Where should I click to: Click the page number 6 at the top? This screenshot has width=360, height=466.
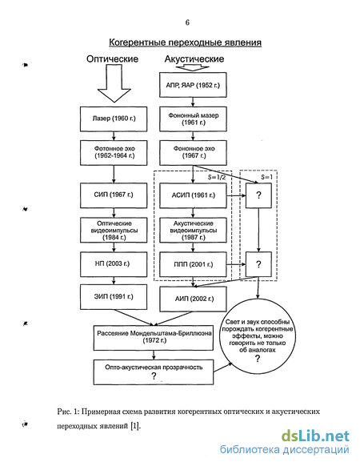(x=187, y=22)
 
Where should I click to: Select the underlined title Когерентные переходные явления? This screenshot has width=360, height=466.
(x=185, y=42)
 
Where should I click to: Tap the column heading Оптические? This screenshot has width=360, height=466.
(x=112, y=58)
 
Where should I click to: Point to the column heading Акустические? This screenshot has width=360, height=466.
(x=194, y=58)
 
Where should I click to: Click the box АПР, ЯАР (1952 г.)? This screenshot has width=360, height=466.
(x=193, y=85)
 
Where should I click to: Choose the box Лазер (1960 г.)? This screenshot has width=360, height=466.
(x=114, y=119)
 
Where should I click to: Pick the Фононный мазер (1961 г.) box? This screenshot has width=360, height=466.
(x=193, y=119)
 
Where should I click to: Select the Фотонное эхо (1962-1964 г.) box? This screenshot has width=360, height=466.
(x=114, y=153)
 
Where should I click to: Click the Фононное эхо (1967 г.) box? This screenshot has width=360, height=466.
(x=193, y=153)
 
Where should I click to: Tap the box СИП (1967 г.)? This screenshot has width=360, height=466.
(x=114, y=195)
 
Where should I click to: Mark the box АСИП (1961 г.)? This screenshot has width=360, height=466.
(x=193, y=195)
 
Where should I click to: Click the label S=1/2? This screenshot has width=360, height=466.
(x=217, y=178)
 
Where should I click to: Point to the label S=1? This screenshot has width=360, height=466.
(x=266, y=178)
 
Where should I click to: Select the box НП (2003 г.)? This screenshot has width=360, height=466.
(x=114, y=264)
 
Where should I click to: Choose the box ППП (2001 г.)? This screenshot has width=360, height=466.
(x=193, y=264)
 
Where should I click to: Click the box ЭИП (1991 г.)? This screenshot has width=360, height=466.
(x=114, y=297)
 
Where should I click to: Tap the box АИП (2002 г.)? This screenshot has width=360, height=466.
(x=193, y=299)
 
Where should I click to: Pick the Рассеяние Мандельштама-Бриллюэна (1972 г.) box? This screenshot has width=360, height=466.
(x=154, y=338)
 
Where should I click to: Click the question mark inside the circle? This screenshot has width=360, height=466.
(x=258, y=359)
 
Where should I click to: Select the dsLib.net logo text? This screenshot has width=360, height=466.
(x=315, y=436)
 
